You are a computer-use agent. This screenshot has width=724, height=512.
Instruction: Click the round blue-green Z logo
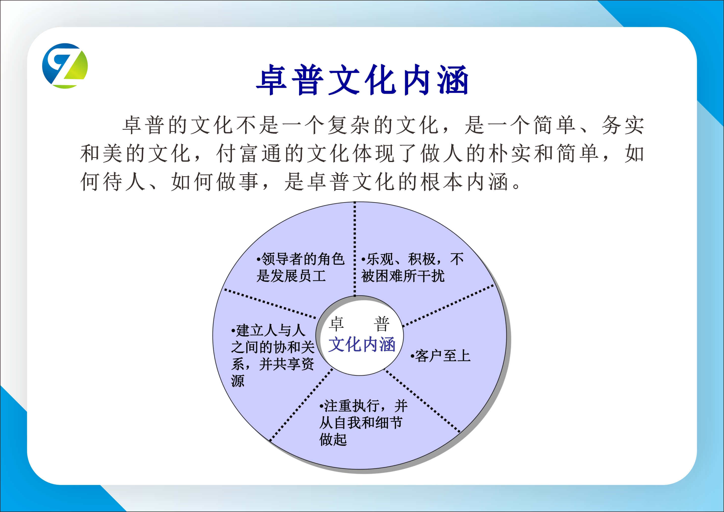(x=65, y=66)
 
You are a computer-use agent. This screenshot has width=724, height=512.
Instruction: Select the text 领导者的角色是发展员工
(x=300, y=267)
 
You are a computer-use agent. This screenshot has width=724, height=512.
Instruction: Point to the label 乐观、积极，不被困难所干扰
(x=412, y=267)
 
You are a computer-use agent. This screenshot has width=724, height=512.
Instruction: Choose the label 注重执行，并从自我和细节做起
(x=363, y=422)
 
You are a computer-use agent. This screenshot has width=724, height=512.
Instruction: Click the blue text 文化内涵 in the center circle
(x=362, y=344)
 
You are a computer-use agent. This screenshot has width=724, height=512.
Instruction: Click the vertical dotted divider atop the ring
(x=355, y=249)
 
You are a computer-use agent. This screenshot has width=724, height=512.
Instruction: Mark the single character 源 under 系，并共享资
(x=238, y=381)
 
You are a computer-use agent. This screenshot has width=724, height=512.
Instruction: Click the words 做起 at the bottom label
(x=333, y=439)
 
